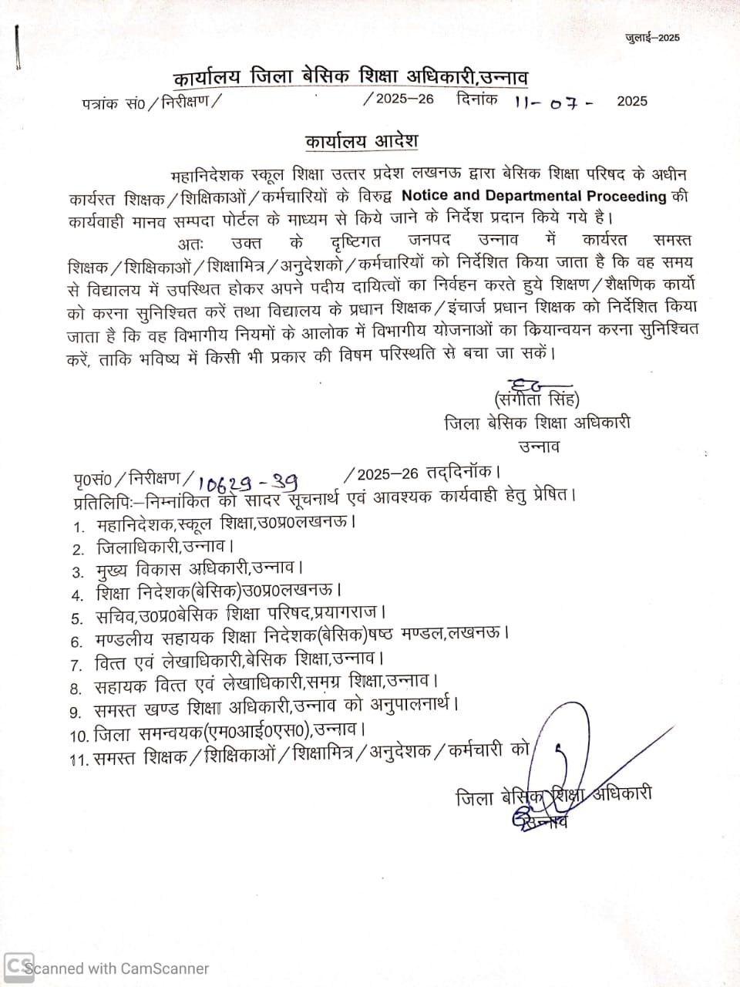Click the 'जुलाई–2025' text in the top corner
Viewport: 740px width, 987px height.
click(652, 38)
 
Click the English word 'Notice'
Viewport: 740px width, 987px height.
click(426, 196)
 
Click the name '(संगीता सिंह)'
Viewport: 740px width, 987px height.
click(536, 399)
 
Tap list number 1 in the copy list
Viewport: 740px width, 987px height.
click(78, 527)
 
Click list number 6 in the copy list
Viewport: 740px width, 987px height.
click(76, 642)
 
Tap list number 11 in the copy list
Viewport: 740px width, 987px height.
click(78, 760)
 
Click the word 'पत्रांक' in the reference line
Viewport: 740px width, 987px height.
click(99, 103)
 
